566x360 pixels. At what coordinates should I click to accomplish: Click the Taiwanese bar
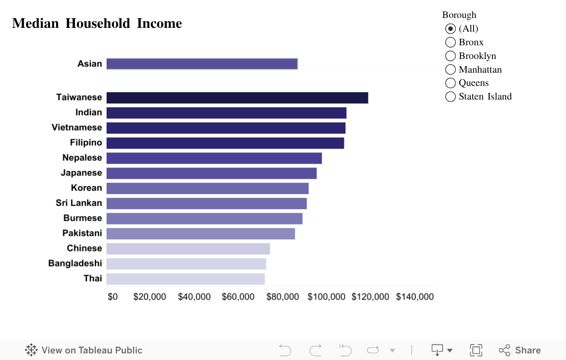click(x=237, y=98)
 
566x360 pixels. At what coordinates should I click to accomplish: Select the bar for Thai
click(x=185, y=279)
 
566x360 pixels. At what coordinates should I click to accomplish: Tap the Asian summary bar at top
click(x=202, y=64)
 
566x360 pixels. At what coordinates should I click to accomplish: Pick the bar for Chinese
click(x=188, y=249)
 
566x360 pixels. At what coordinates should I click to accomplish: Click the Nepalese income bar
click(x=214, y=158)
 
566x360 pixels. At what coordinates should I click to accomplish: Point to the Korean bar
click(x=208, y=188)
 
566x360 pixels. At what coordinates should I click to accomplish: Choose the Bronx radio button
click(x=450, y=42)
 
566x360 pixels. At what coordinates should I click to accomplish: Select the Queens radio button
click(x=450, y=83)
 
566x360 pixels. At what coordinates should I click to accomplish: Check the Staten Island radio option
click(x=450, y=97)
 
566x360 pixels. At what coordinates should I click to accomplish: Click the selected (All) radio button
click(x=450, y=29)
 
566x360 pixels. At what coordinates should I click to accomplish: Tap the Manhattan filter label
click(x=480, y=69)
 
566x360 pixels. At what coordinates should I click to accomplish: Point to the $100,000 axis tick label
click(x=326, y=297)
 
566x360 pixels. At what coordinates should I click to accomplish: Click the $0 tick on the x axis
click(x=113, y=297)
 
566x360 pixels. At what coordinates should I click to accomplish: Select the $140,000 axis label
click(x=415, y=297)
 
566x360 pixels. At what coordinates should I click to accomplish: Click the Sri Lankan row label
click(x=79, y=203)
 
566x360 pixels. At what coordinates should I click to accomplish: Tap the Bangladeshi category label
click(x=75, y=263)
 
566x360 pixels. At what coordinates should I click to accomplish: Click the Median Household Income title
click(x=97, y=23)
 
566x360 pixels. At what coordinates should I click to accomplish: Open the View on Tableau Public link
click(x=84, y=350)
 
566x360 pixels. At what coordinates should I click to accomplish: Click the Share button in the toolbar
click(x=520, y=350)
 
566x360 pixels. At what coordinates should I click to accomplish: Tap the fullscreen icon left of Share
click(x=476, y=350)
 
